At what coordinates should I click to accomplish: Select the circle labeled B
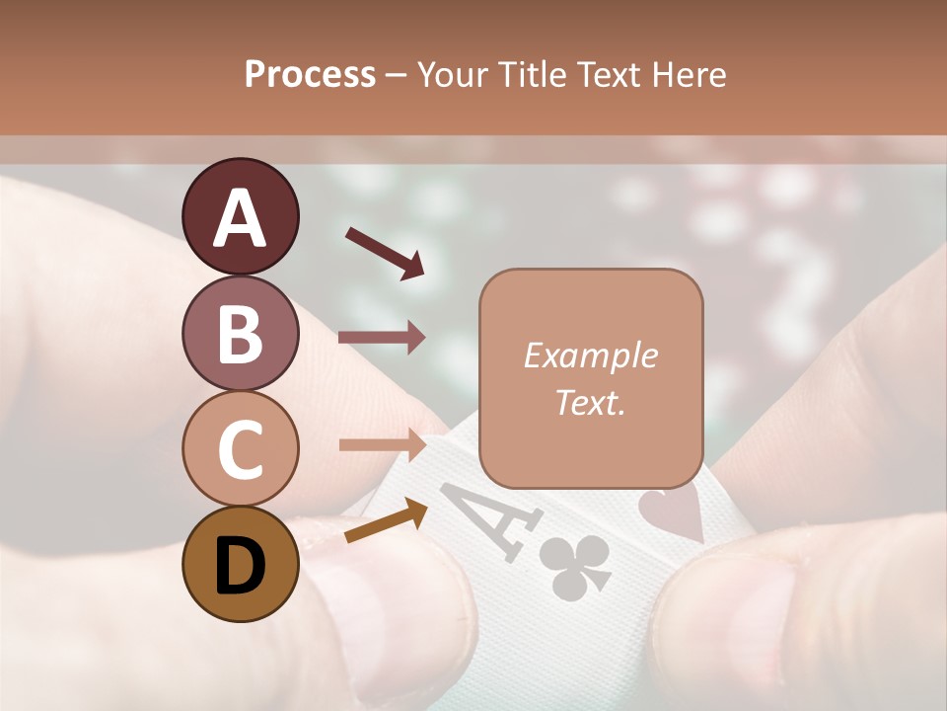[x=240, y=333]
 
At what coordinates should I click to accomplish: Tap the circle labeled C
[x=240, y=448]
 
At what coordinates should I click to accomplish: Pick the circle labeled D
[x=240, y=564]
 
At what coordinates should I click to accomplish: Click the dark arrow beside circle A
[x=385, y=253]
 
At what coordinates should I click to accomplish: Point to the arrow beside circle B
[x=382, y=338]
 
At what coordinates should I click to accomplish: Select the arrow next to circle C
[x=382, y=443]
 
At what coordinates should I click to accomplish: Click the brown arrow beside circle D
[x=386, y=520]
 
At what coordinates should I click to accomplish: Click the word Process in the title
[x=310, y=74]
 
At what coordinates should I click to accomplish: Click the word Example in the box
[x=590, y=355]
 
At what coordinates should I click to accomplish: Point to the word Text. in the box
[x=590, y=402]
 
